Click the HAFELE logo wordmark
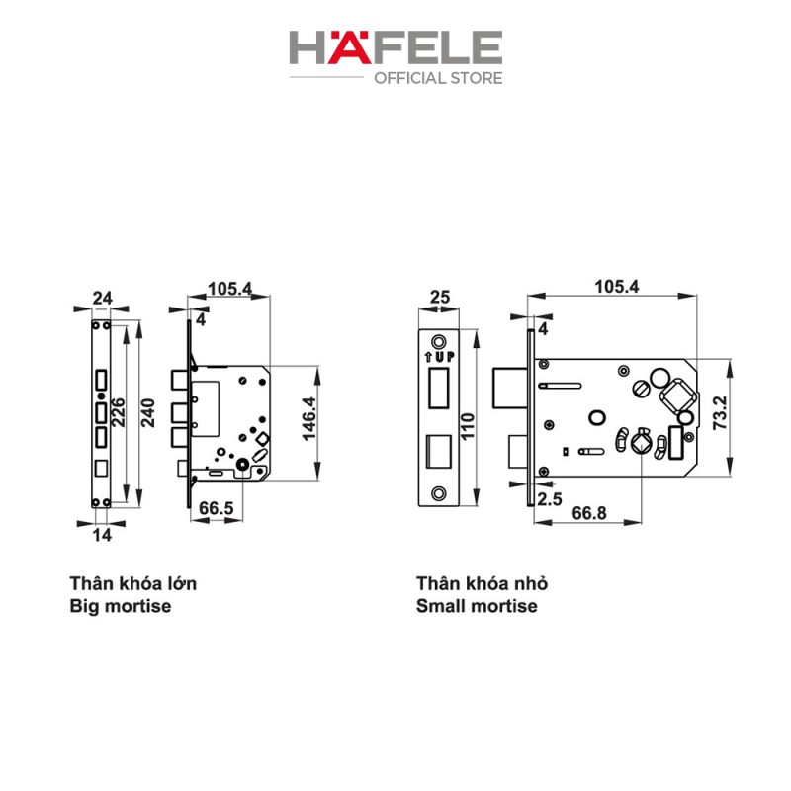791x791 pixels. (395, 47)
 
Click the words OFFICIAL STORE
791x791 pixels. (438, 78)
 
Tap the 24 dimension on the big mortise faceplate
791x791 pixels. (103, 298)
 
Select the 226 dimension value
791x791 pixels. (118, 412)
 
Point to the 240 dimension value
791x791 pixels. (147, 412)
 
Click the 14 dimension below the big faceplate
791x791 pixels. (102, 535)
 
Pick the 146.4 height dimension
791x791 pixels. (309, 418)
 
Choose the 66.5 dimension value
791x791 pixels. (217, 507)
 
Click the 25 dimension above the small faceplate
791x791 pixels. (439, 297)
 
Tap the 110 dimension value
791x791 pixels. (468, 426)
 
